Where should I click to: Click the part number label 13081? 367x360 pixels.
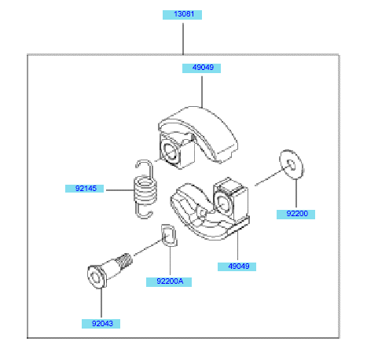[x=182, y=15]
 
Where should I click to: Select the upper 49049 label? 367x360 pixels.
[x=201, y=68]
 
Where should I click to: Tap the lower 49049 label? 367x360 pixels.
[x=237, y=266]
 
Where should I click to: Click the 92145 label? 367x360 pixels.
[x=84, y=189]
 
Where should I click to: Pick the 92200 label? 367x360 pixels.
[x=295, y=214]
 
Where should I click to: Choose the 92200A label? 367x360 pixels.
[x=169, y=282]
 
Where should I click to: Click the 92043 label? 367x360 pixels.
[x=101, y=324]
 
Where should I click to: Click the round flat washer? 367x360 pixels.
[x=292, y=164]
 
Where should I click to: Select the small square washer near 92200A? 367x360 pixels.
[x=169, y=235]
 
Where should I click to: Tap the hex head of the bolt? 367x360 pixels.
[x=97, y=277]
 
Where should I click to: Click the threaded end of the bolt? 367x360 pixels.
[x=124, y=261]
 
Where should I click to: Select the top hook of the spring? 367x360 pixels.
[x=144, y=167]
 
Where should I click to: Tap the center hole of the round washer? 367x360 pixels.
[x=291, y=164]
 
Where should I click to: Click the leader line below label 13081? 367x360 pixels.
[x=183, y=39]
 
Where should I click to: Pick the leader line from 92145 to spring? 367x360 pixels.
[x=120, y=189]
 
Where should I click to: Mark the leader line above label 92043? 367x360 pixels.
[x=101, y=303]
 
